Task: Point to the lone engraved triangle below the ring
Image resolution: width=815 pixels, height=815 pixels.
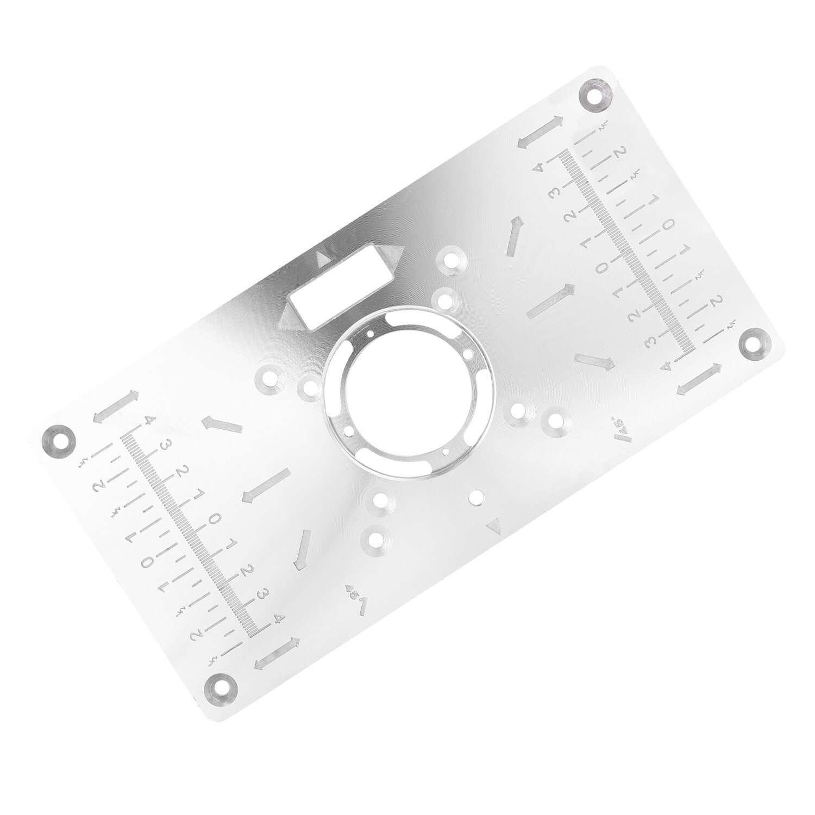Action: point(493,525)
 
